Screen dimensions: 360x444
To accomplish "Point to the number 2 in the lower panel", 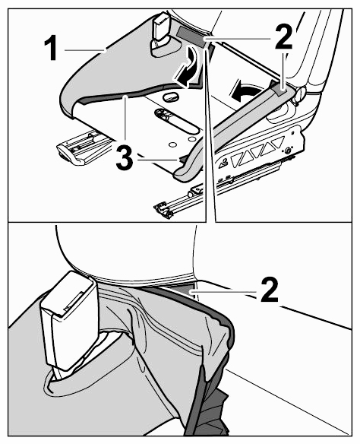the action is click(270, 290).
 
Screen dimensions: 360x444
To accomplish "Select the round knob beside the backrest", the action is click(300, 94).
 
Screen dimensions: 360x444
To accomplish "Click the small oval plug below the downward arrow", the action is click(171, 97).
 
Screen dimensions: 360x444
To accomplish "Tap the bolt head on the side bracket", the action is click(288, 151).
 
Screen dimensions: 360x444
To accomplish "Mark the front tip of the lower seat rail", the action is click(163, 211).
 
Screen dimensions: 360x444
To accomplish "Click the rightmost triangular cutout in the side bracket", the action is click(277, 141).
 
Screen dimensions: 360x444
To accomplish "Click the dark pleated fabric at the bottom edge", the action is click(210, 408).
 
